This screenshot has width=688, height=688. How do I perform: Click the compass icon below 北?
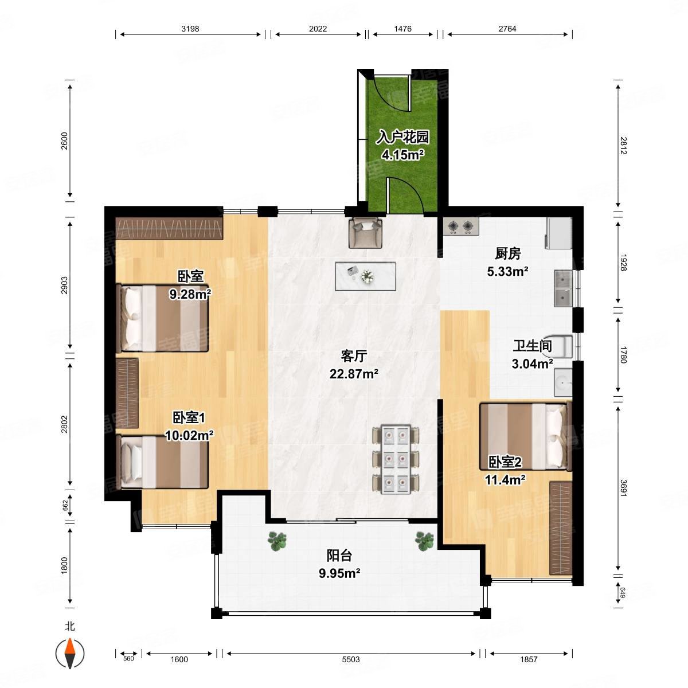pyautogui.click(x=70, y=653)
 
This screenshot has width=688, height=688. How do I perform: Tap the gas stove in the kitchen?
pyautogui.click(x=461, y=226)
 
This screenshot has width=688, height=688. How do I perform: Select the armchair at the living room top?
pyautogui.click(x=365, y=232)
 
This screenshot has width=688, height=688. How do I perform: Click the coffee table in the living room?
pyautogui.click(x=365, y=276)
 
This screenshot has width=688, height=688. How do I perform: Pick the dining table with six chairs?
pyautogui.click(x=396, y=459)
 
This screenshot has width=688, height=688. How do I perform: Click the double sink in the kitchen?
pyautogui.click(x=564, y=288)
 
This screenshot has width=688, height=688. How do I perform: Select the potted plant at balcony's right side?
pyautogui.click(x=424, y=541)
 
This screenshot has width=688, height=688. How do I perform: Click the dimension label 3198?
pyautogui.click(x=190, y=29)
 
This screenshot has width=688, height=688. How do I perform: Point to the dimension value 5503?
pyautogui.click(x=351, y=659)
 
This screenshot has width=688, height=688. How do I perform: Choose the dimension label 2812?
pyautogui.click(x=623, y=146)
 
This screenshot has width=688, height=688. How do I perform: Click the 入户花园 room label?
pyautogui.click(x=402, y=137)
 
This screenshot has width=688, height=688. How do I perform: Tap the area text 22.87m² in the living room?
pyautogui.click(x=354, y=374)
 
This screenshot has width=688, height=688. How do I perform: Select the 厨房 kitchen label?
pyautogui.click(x=508, y=253)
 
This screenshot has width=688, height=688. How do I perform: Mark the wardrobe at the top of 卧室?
pyautogui.click(x=169, y=229)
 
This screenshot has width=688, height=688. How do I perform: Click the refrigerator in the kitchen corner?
pyautogui.click(x=559, y=233)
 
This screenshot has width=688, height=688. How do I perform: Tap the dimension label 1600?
pyautogui.click(x=179, y=659)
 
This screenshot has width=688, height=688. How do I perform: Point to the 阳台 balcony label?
pyautogui.click(x=339, y=555)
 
